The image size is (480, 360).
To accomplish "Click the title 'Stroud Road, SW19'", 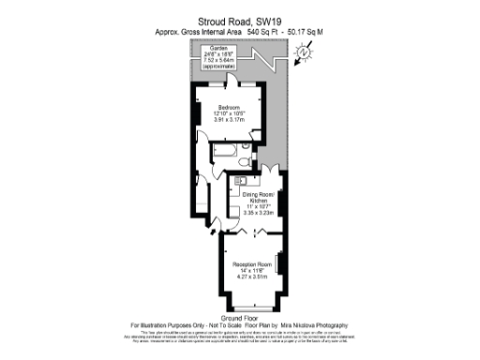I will tap(240, 19).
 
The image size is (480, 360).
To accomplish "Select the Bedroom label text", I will tap(229, 108).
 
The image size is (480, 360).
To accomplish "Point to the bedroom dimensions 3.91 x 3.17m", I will tap(229, 120).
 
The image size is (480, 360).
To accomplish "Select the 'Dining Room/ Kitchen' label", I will tap(257, 197).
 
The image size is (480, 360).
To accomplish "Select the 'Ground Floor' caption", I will tap(239, 318).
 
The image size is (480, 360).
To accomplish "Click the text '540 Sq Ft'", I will tap(238, 32).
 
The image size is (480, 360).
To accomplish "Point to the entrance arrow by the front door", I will tap(210, 225).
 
